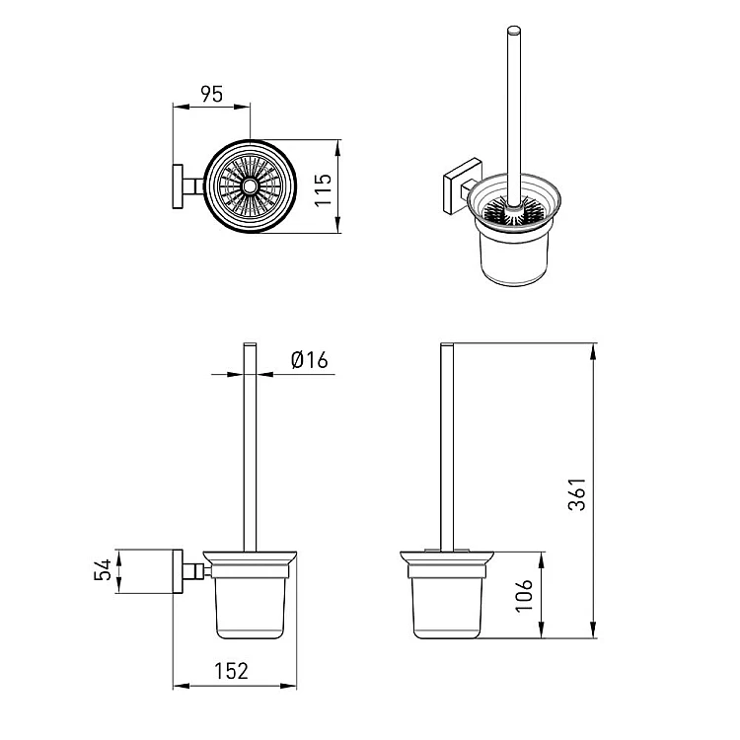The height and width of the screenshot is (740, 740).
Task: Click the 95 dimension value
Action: point(211,94)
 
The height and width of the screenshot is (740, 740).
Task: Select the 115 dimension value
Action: point(324,190)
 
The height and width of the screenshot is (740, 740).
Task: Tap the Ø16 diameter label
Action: point(310,360)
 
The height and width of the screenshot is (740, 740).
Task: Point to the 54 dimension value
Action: point(103,569)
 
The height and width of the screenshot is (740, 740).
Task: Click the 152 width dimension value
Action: point(231,671)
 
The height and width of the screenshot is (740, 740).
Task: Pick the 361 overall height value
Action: point(577,494)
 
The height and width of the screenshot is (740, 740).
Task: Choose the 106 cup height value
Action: point(524,596)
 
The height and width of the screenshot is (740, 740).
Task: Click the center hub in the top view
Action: point(250,186)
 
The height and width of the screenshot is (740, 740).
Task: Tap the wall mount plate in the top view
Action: point(178,186)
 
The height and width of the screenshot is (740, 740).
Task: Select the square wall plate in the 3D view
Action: point(463,186)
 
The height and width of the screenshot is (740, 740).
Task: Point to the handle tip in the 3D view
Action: point(514,31)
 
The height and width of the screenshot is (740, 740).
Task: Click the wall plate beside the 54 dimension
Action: point(178,571)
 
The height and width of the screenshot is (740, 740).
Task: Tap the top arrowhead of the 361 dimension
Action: point(593,351)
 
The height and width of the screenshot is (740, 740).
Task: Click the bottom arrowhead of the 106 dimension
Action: point(542,630)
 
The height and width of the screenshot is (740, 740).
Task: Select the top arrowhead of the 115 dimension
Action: point(337,148)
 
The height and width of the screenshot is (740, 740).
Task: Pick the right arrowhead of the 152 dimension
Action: point(288,686)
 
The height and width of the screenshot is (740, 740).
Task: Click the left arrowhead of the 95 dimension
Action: point(182,108)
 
